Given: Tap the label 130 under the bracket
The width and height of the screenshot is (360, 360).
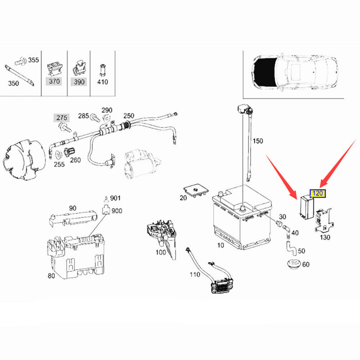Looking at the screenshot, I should point(324,237).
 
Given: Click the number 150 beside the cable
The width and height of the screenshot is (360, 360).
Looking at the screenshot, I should point(257,141).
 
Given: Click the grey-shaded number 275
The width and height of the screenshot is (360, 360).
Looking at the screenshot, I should point(62,118).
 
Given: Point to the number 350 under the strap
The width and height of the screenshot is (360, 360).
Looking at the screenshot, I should point(13,83).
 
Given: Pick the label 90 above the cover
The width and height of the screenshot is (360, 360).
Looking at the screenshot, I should point(72,208).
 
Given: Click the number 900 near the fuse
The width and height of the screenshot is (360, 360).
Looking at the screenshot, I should point(117,211).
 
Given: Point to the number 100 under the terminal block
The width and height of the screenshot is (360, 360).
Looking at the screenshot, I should point(161,252).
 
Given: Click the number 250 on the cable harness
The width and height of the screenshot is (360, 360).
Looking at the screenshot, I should point(129,116).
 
